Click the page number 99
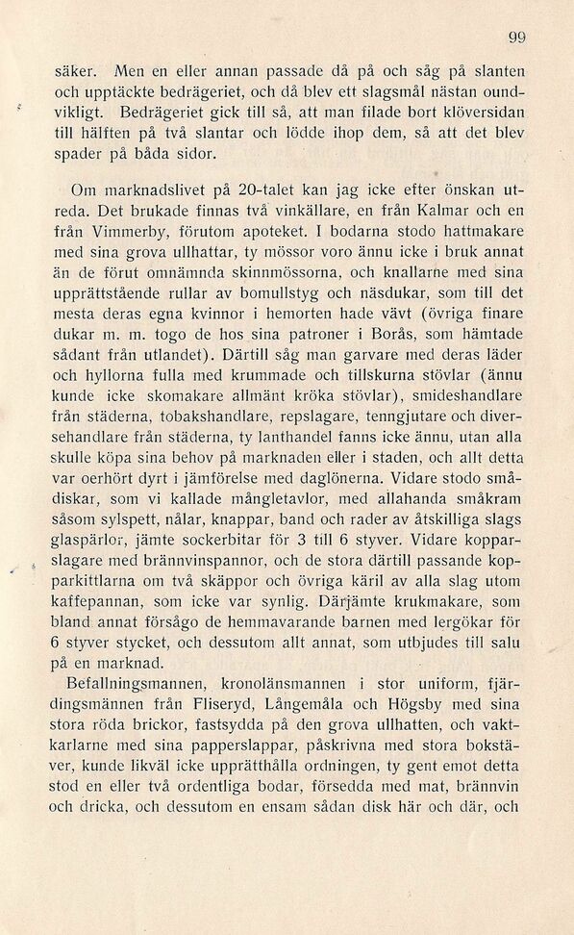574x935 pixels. [x=517, y=38]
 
